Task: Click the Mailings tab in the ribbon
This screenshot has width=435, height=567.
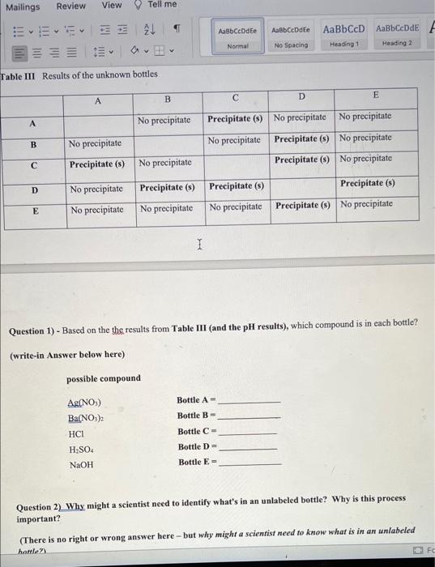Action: [22, 6]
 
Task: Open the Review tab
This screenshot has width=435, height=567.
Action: [70, 6]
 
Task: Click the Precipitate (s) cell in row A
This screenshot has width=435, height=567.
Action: [235, 119]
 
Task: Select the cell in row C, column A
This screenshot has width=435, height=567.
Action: [96, 163]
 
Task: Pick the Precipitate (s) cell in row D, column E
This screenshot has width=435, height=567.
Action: [367, 183]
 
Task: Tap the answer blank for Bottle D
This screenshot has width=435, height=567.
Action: [248, 447]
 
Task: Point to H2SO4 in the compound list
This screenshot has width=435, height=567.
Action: [79, 449]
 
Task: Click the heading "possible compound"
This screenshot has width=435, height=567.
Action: [103, 378]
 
